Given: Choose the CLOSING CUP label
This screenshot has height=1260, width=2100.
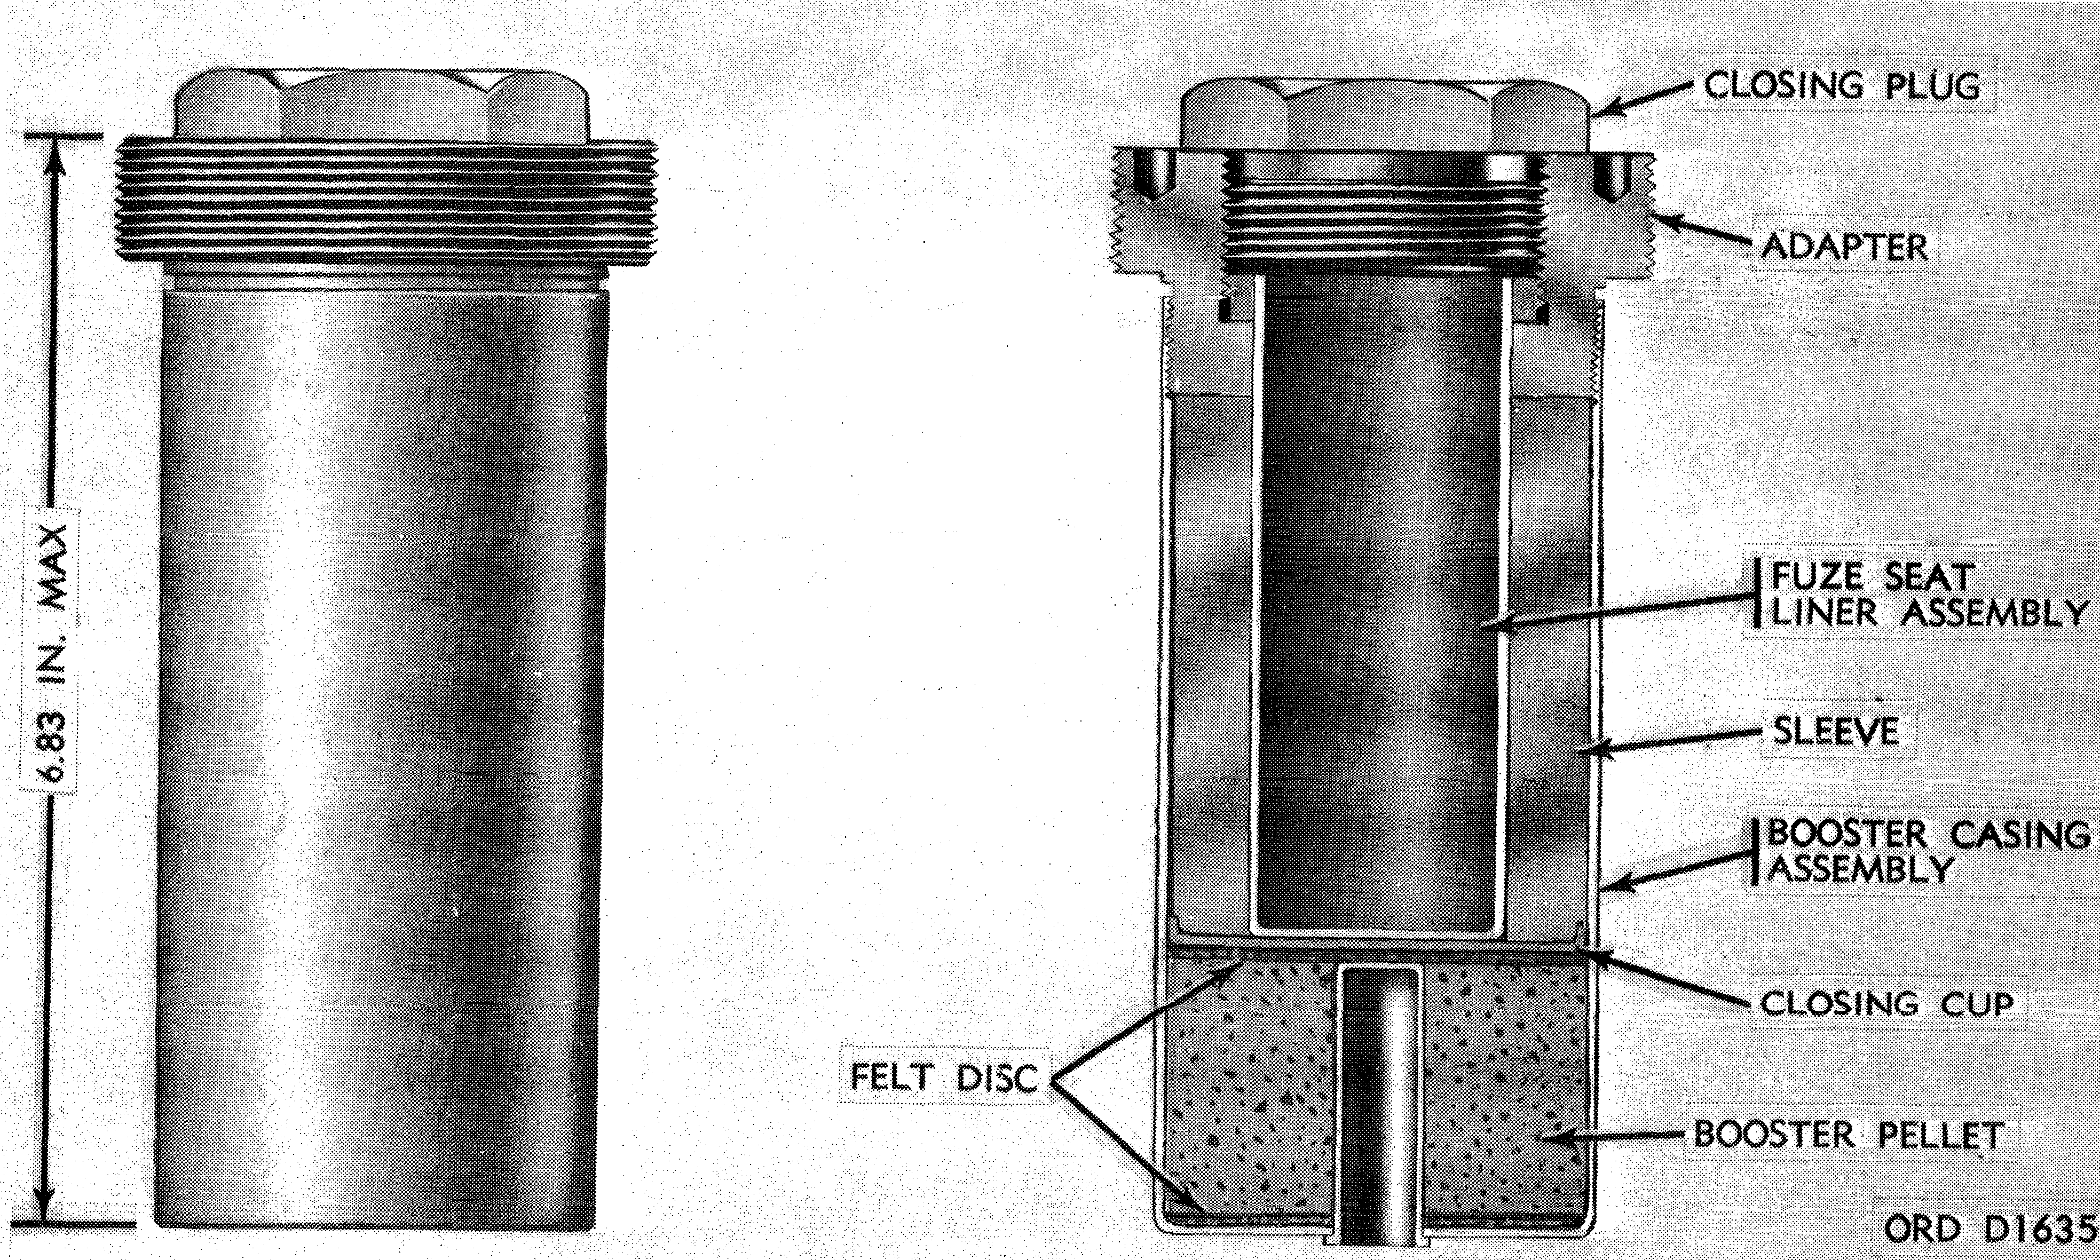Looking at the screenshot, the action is point(1886,1004).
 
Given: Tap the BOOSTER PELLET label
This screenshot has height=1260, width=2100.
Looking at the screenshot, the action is point(1849,1134).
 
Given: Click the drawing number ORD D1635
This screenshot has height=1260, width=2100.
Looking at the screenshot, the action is point(1990,1228).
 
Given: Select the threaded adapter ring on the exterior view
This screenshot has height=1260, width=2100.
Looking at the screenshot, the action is point(386,203).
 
